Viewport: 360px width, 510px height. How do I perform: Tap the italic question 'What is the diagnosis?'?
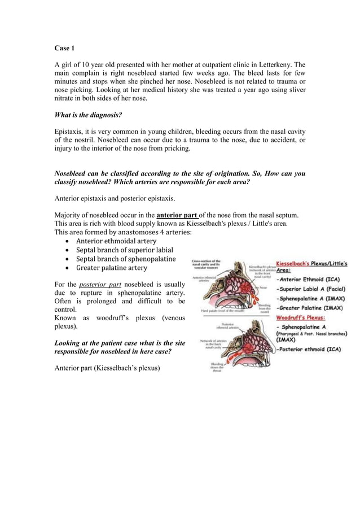click(x=88, y=115)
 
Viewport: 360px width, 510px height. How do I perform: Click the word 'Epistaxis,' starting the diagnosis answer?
click(x=71, y=132)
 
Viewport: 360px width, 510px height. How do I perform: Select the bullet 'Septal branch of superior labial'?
click(x=124, y=250)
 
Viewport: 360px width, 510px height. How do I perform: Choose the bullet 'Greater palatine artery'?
click(x=112, y=268)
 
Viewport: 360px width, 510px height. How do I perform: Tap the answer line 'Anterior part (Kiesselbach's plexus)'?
click(x=107, y=369)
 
